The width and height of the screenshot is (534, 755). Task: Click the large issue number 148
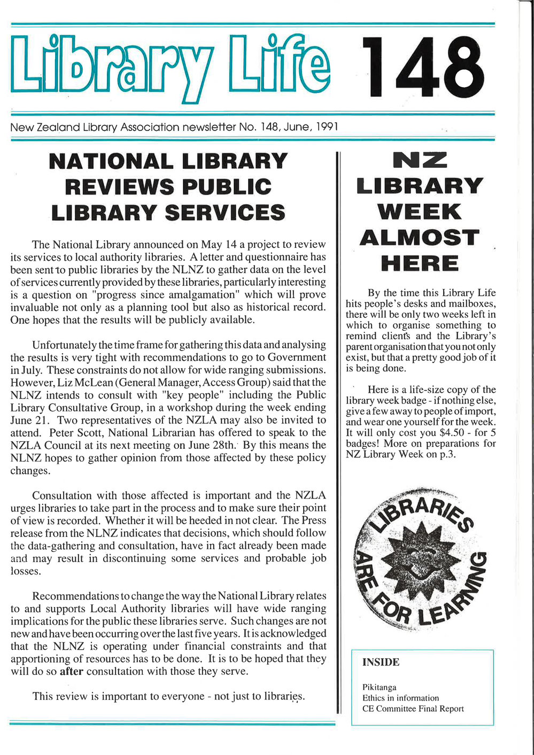tap(423, 68)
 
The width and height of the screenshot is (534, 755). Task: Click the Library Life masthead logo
tap(170, 67)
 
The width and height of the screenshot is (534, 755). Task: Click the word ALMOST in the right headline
tap(419, 238)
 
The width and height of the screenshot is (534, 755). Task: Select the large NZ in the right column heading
tap(420, 160)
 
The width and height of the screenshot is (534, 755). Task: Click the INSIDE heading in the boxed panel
tap(381, 663)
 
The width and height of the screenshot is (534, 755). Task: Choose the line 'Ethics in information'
tap(400, 698)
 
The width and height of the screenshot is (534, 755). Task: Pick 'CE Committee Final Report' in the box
tap(413, 709)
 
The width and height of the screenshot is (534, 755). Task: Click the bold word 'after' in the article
tap(71, 671)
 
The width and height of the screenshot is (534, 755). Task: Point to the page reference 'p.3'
tap(447, 454)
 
